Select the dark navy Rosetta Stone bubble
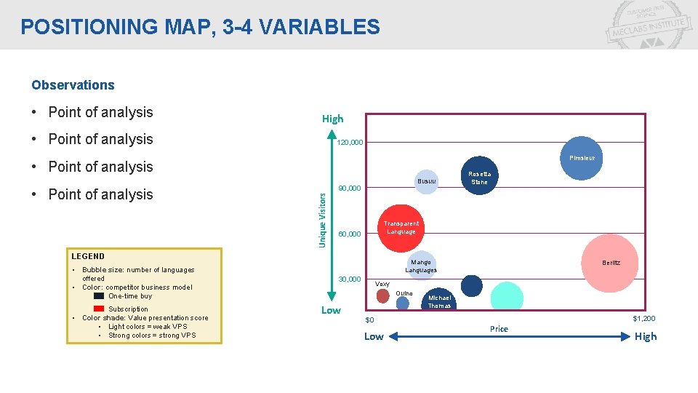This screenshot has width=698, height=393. (x=479, y=177)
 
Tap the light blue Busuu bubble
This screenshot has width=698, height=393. (x=427, y=180)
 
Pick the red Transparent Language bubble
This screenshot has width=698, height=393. (x=401, y=228)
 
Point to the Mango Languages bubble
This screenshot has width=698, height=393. (x=421, y=266)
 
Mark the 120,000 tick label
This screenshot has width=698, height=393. (x=350, y=143)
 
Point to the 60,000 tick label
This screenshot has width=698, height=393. (x=350, y=234)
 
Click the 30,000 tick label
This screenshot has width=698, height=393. (x=350, y=279)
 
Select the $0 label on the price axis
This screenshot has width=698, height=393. (x=369, y=320)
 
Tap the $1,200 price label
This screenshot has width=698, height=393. (x=643, y=319)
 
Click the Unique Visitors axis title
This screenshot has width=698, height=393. (x=324, y=214)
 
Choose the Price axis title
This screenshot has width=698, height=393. (x=499, y=329)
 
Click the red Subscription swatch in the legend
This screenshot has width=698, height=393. (x=99, y=309)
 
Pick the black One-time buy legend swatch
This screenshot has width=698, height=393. (x=99, y=296)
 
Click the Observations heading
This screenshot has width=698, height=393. (x=73, y=85)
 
